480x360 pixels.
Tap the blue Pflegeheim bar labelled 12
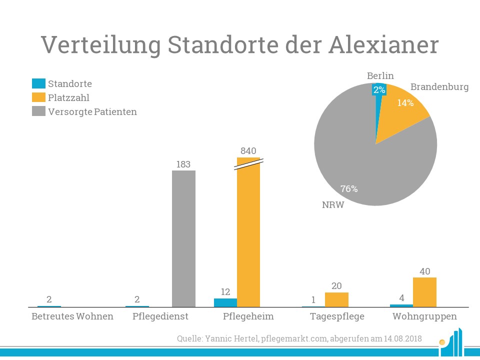(225, 302)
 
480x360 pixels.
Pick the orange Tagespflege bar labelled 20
(336, 299)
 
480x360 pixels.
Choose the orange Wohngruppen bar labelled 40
(424, 292)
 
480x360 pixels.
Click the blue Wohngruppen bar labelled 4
(401, 305)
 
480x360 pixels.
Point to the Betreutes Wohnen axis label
(72, 316)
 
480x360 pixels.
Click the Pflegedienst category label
(160, 316)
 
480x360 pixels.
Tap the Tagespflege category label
(337, 316)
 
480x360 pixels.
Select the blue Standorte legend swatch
(38, 83)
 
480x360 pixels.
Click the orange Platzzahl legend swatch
(38, 97)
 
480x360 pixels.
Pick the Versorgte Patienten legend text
(92, 111)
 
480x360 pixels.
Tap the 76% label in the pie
(349, 189)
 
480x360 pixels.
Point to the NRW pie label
(333, 205)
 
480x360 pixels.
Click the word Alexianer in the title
(384, 44)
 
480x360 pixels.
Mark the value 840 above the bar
(248, 150)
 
